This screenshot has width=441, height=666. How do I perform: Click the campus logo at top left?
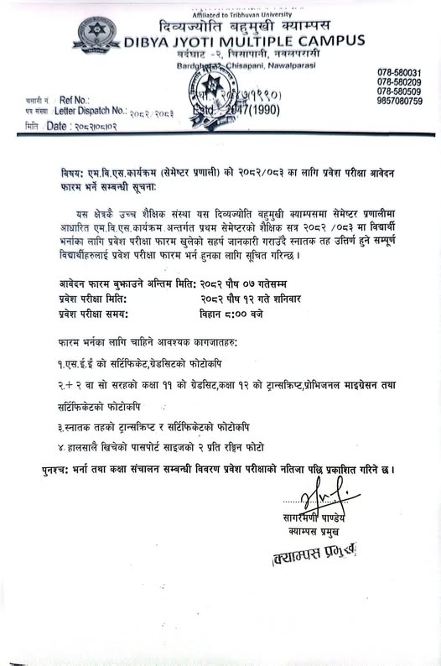pyautogui.click(x=99, y=34)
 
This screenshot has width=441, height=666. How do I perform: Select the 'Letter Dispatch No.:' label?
pyautogui.click(x=90, y=111)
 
